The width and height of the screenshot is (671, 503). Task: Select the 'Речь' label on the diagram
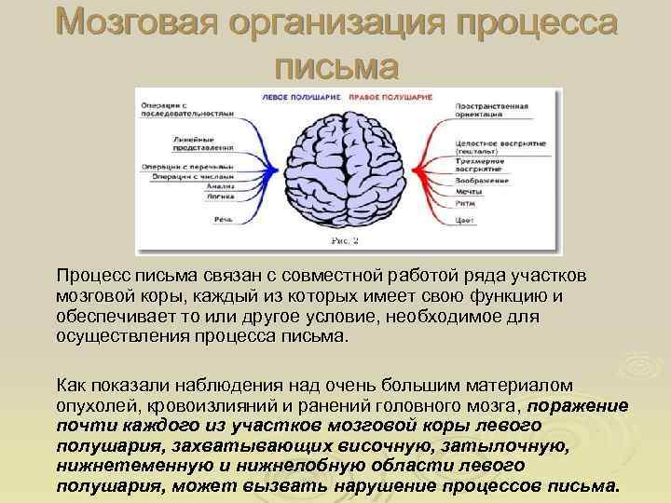tap(222, 218)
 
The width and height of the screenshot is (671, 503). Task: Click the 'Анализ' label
tap(218, 185)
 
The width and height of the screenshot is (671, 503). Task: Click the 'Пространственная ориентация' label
tap(490, 111)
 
